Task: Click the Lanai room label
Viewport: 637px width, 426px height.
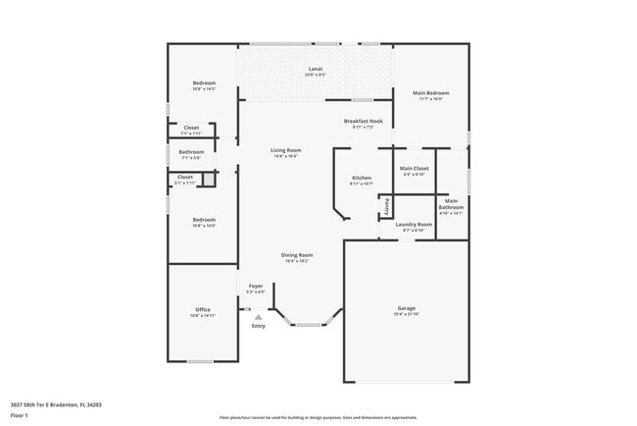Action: pyautogui.click(x=315, y=69)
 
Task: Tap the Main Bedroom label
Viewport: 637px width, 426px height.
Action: pyautogui.click(x=430, y=93)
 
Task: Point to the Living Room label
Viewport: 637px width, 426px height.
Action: pyautogui.click(x=285, y=150)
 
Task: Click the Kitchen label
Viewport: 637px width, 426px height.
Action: pyautogui.click(x=361, y=178)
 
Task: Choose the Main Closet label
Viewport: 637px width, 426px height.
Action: pyautogui.click(x=415, y=169)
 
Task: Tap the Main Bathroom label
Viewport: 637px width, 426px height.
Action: pyautogui.click(x=451, y=204)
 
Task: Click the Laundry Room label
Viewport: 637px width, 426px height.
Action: pyautogui.click(x=414, y=225)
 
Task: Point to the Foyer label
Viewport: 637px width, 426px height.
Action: pyautogui.click(x=255, y=286)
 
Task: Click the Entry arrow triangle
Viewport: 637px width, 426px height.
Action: pyautogui.click(x=258, y=317)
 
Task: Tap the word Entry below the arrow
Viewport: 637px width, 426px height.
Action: pyautogui.click(x=258, y=326)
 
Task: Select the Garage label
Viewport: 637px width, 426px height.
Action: pyautogui.click(x=407, y=308)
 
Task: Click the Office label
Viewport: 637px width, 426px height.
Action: pyautogui.click(x=203, y=310)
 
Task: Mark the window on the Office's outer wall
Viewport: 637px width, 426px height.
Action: pyautogui.click(x=201, y=361)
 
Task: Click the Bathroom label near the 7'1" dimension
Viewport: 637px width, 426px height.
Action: pyautogui.click(x=191, y=152)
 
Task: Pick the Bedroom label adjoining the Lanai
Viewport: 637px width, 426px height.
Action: pyautogui.click(x=204, y=83)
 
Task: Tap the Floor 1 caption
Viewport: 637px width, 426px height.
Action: pyautogui.click(x=19, y=415)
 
